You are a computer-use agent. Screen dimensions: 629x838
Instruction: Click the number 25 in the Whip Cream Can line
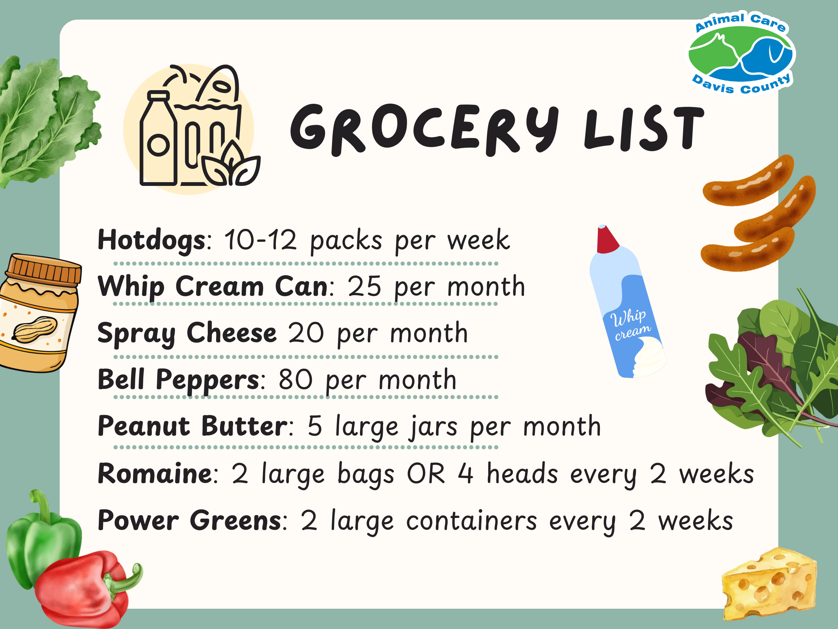tap(364, 287)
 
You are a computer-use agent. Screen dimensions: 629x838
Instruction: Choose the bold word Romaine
tap(155, 474)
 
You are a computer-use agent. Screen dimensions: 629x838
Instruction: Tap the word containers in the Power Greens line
tap(471, 521)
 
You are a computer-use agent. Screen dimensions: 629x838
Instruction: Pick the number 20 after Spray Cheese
tap(306, 333)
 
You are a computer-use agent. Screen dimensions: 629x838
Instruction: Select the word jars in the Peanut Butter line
tap(433, 427)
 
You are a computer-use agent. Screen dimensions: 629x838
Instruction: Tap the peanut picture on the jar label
tap(35, 329)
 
